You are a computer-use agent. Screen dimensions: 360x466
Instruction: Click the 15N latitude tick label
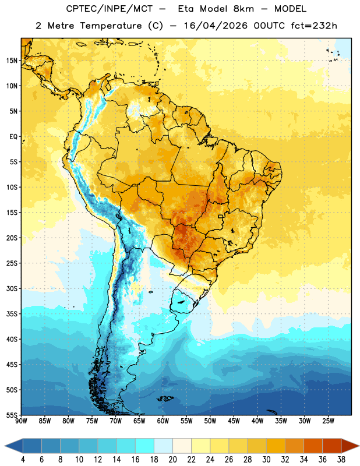(x=12, y=61)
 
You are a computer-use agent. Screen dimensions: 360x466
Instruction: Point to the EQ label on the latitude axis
(x=13, y=137)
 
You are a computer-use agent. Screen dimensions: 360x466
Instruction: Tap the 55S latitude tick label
(x=12, y=415)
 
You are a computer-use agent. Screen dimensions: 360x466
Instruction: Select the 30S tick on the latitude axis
(x=12, y=288)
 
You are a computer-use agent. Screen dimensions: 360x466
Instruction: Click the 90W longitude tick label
(x=21, y=421)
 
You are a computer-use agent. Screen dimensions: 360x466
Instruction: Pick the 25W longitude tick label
(x=328, y=421)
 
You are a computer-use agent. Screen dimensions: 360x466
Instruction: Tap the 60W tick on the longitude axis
(x=163, y=421)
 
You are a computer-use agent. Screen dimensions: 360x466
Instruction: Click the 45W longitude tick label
(x=234, y=421)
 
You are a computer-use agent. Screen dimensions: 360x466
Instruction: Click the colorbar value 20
(x=172, y=460)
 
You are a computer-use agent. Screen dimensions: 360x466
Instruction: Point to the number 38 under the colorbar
(x=341, y=460)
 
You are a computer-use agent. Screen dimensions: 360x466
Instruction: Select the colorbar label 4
(x=23, y=460)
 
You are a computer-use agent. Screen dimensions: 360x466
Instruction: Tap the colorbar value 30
(x=266, y=460)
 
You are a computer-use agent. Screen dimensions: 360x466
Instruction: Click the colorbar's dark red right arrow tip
(x=359, y=446)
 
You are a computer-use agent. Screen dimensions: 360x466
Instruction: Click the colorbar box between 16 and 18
(x=144, y=446)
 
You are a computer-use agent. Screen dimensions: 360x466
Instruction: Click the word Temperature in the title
(x=111, y=26)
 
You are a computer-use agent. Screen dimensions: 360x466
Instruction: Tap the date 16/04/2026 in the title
(x=215, y=26)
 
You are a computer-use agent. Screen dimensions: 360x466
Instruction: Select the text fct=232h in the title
(x=314, y=26)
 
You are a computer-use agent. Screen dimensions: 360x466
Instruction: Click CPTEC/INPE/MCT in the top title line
(x=110, y=9)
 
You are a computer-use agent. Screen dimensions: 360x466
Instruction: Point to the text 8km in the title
(x=243, y=9)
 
